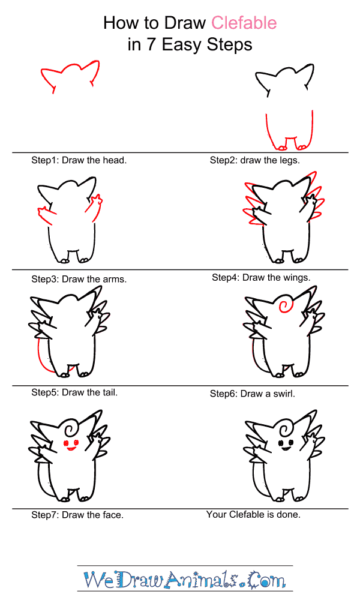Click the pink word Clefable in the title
coord(244,23)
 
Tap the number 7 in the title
coord(151,45)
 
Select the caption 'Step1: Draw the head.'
coord(79,160)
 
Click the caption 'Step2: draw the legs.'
coord(255,160)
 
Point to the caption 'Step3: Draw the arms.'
coord(79,279)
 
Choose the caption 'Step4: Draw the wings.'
coord(261,277)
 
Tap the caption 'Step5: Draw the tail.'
coord(74,392)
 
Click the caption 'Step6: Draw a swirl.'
coord(253,394)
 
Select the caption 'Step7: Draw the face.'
coord(77,515)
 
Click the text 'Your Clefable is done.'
coord(253,514)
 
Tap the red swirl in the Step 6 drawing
coord(284,306)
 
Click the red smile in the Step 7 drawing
coord(72,448)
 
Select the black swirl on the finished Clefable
coord(286,428)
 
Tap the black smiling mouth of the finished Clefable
coord(286,448)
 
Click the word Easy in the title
coord(181,46)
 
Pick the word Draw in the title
coord(185,23)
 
